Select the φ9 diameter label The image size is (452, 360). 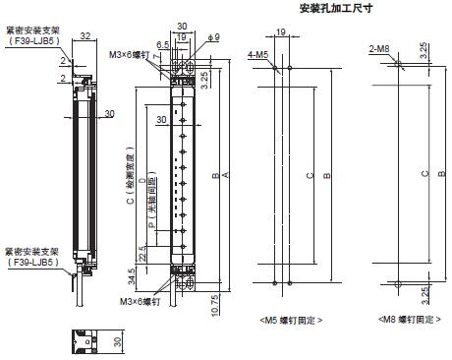(x=203, y=39)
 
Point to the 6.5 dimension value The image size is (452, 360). (x=163, y=44)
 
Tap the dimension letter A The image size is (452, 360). (x=228, y=175)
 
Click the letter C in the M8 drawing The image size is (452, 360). (x=424, y=175)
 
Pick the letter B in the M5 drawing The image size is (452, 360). (x=328, y=175)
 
